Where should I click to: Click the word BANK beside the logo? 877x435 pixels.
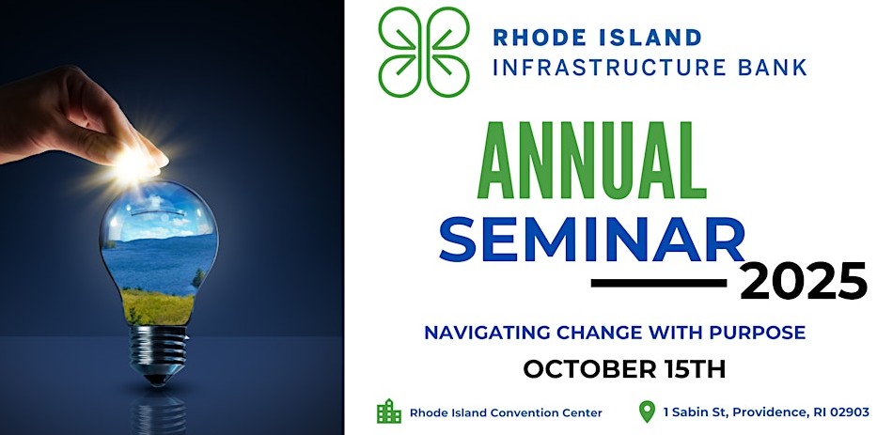click(x=771, y=68)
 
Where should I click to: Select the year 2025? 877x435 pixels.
click(x=803, y=282)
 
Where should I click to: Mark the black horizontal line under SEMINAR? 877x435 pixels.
click(x=658, y=282)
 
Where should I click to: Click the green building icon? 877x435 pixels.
click(x=388, y=412)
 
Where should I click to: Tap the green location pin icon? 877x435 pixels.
click(x=647, y=412)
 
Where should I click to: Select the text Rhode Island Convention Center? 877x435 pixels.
click(x=506, y=412)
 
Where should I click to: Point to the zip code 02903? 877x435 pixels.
click(x=847, y=412)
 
